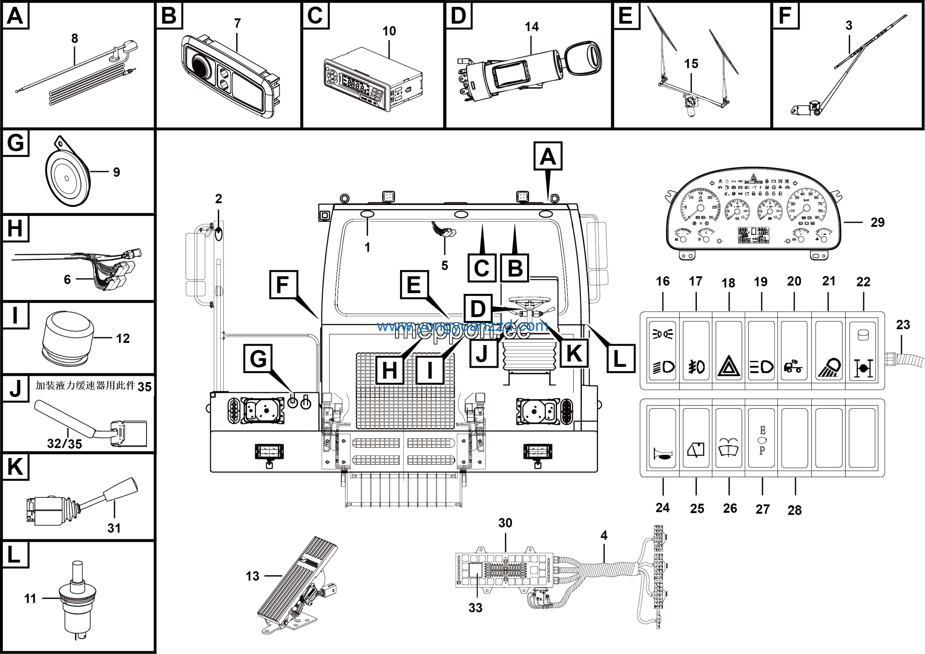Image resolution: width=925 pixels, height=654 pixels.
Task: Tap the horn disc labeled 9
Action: click(x=67, y=178)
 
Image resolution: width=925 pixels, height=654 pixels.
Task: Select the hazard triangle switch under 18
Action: click(x=729, y=351)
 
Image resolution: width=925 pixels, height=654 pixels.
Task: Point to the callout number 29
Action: click(x=877, y=222)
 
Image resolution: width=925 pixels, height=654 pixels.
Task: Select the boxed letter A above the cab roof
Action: click(x=547, y=156)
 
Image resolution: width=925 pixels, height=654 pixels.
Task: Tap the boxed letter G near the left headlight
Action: click(x=258, y=358)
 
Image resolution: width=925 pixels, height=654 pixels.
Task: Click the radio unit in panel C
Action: click(x=373, y=80)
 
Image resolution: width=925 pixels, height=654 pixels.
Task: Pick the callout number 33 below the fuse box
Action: click(x=476, y=608)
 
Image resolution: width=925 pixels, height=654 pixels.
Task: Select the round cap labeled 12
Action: click(x=68, y=334)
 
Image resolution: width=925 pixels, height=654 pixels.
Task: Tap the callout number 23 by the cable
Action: click(x=903, y=324)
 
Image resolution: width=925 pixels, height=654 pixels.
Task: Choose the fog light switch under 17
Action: click(x=696, y=351)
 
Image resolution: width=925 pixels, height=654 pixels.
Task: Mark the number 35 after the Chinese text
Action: click(x=145, y=387)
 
